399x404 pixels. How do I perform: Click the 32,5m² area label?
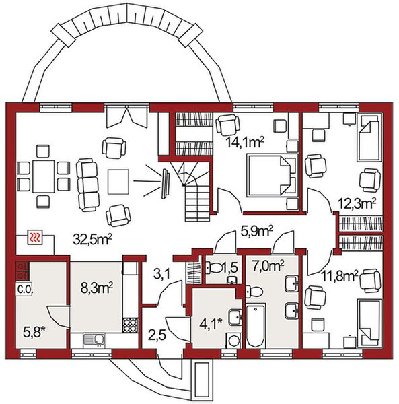(92, 239)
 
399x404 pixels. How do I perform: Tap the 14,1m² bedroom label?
(245, 141)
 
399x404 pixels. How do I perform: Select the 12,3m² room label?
(357, 203)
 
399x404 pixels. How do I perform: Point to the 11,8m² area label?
(340, 277)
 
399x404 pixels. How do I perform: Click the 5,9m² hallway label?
(256, 232)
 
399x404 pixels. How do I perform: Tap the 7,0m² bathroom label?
(268, 266)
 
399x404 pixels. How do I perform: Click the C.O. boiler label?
(24, 290)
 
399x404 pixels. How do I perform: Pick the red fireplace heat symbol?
(35, 237)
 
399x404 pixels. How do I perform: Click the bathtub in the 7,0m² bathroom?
(256, 326)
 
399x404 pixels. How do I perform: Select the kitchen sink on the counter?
(94, 340)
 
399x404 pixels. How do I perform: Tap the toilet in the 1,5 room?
(214, 268)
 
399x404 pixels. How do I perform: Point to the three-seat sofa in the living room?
(87, 184)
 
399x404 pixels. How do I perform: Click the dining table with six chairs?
(44, 176)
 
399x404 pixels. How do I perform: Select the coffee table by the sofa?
(118, 181)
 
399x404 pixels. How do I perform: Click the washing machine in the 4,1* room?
(233, 341)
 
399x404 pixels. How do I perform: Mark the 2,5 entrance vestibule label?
(157, 336)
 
